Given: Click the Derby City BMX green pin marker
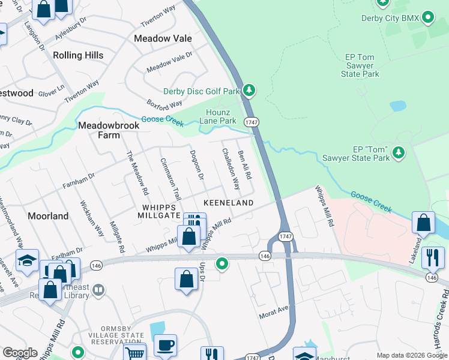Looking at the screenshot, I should tap(428, 18).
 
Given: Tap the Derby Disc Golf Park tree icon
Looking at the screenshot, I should tap(249, 91).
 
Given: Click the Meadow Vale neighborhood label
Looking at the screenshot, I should tap(163, 38).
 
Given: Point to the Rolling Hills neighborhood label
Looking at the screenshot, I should tap(78, 55).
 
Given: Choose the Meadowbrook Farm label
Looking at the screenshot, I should tap(109, 130).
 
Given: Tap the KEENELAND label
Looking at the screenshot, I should tap(228, 203).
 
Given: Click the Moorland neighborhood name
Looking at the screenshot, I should tap(48, 215).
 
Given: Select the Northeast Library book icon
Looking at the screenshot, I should tap(98, 291).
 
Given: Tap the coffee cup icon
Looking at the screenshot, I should tap(165, 345).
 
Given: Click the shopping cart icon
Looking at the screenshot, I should tap(135, 353).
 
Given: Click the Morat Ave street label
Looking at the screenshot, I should tap(274, 313).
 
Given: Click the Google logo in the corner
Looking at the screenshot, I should tap(20, 353).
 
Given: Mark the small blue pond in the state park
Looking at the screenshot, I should tap(397, 106).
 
